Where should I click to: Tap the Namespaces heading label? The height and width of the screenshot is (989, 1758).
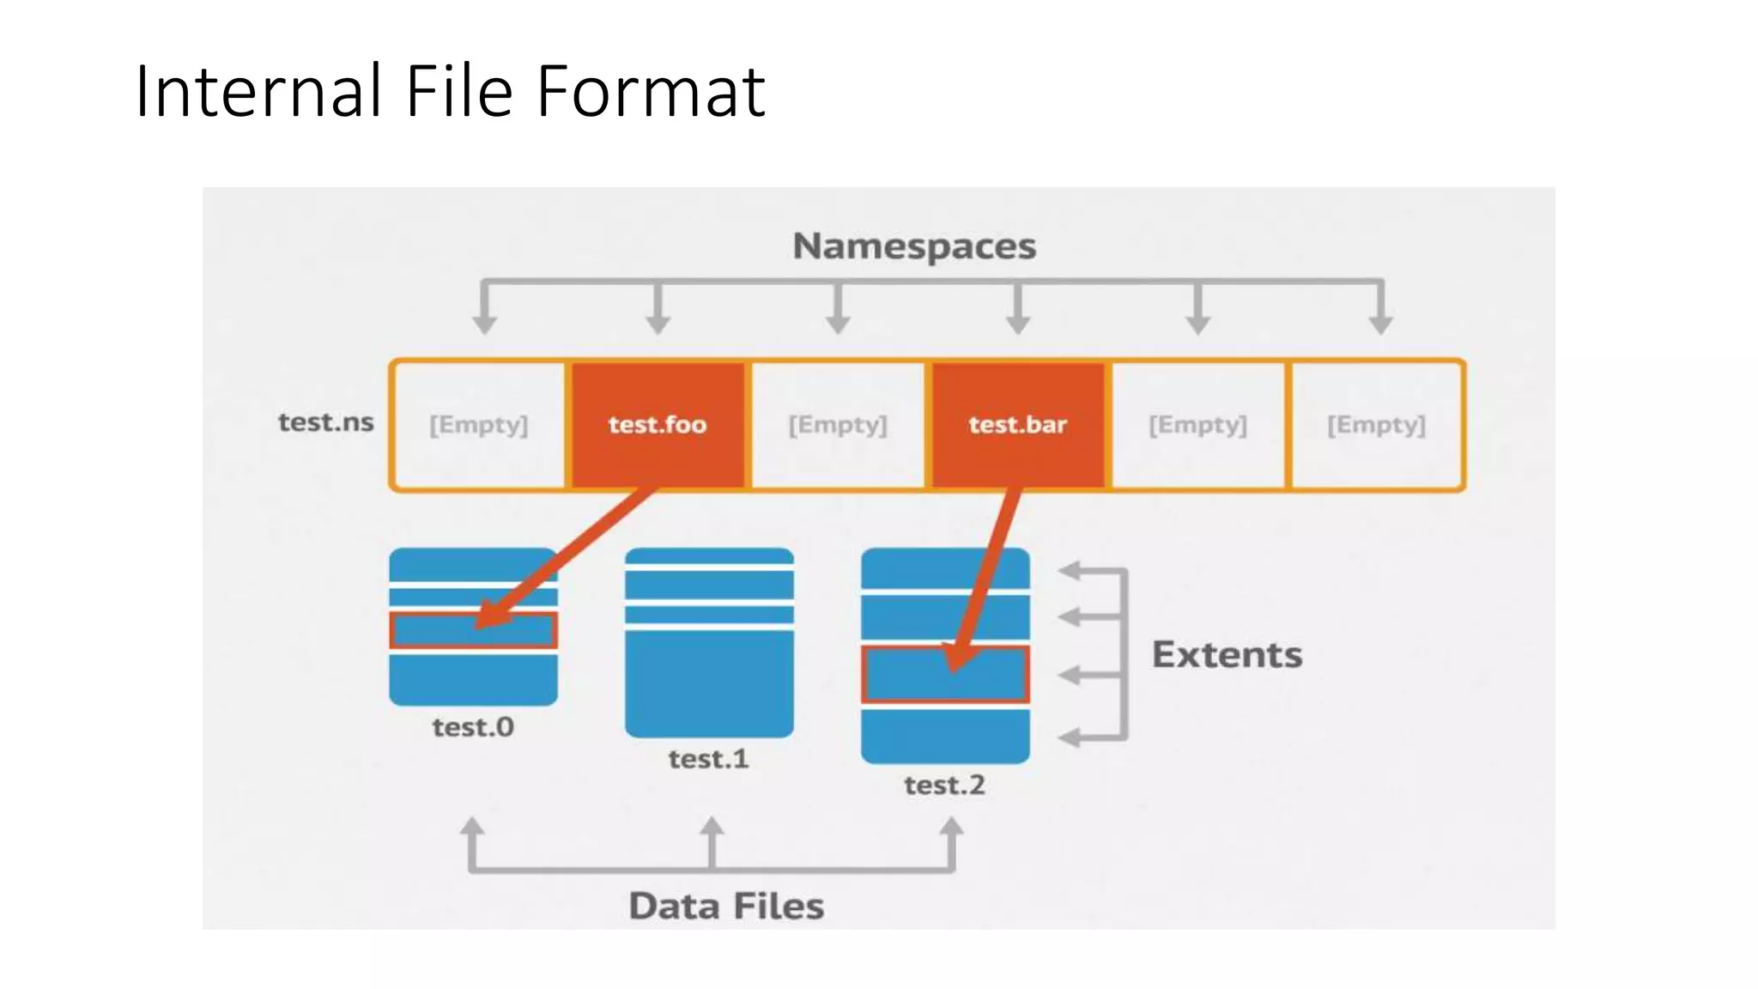click(914, 246)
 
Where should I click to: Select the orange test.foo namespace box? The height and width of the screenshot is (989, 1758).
click(658, 424)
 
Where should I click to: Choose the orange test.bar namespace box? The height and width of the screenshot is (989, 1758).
click(1018, 424)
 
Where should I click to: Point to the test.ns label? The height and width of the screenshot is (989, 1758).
click(325, 422)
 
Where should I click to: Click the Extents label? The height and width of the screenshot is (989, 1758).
click(1227, 655)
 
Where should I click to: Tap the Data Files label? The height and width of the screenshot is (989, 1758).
click(726, 907)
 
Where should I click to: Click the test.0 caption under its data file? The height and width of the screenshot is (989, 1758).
click(473, 727)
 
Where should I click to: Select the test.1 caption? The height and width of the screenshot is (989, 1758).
click(709, 759)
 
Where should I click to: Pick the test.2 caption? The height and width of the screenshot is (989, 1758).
click(944, 785)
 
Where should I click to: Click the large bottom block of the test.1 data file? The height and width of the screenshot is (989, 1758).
click(709, 683)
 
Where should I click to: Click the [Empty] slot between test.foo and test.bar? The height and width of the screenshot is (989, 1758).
click(838, 424)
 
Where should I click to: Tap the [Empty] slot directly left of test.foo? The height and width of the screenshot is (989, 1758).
click(479, 424)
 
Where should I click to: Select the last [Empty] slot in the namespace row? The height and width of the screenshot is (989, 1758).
click(1376, 424)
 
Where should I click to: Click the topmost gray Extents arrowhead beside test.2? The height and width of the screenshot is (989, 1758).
click(1070, 570)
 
